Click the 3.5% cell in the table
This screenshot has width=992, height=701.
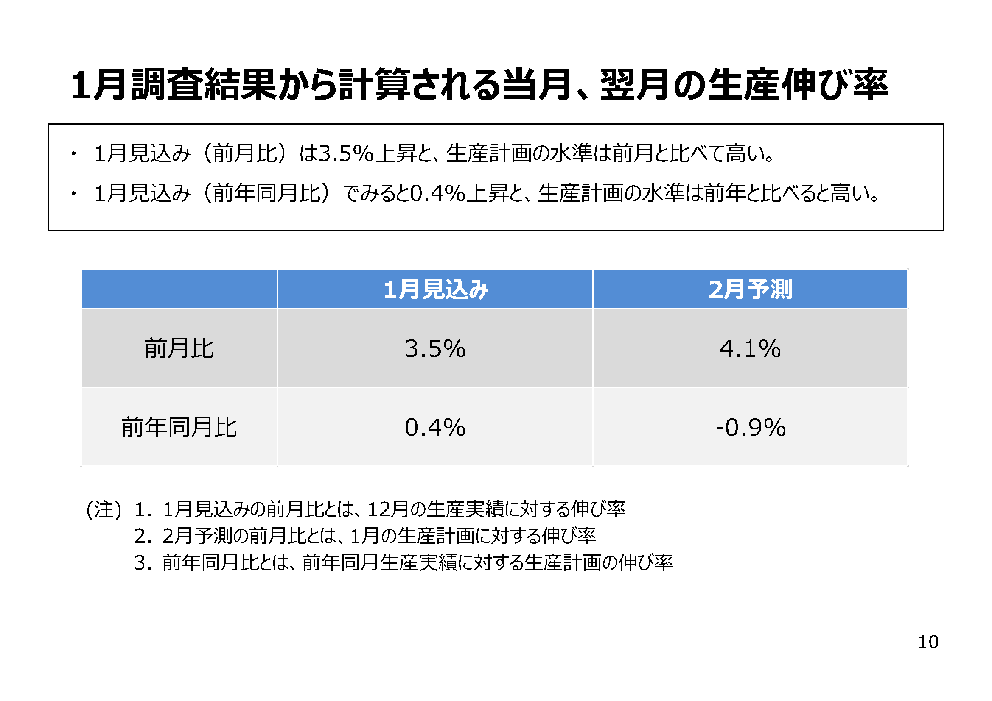(x=435, y=348)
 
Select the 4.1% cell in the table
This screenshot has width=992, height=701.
(x=750, y=348)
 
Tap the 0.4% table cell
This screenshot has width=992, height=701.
(x=435, y=427)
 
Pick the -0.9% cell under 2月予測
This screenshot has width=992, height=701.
(x=751, y=427)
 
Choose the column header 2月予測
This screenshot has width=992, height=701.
(x=750, y=289)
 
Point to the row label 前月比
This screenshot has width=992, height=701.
(x=179, y=348)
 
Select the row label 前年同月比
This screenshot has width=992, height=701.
(x=179, y=427)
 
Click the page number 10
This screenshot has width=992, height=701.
(x=928, y=642)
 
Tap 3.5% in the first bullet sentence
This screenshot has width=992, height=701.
(x=346, y=154)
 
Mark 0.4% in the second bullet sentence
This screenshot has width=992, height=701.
(x=437, y=193)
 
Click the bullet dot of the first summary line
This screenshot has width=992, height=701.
(x=74, y=154)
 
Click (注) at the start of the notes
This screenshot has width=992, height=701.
(x=104, y=509)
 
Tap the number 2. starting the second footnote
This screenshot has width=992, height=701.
(x=143, y=536)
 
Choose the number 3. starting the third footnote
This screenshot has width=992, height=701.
(x=143, y=563)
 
